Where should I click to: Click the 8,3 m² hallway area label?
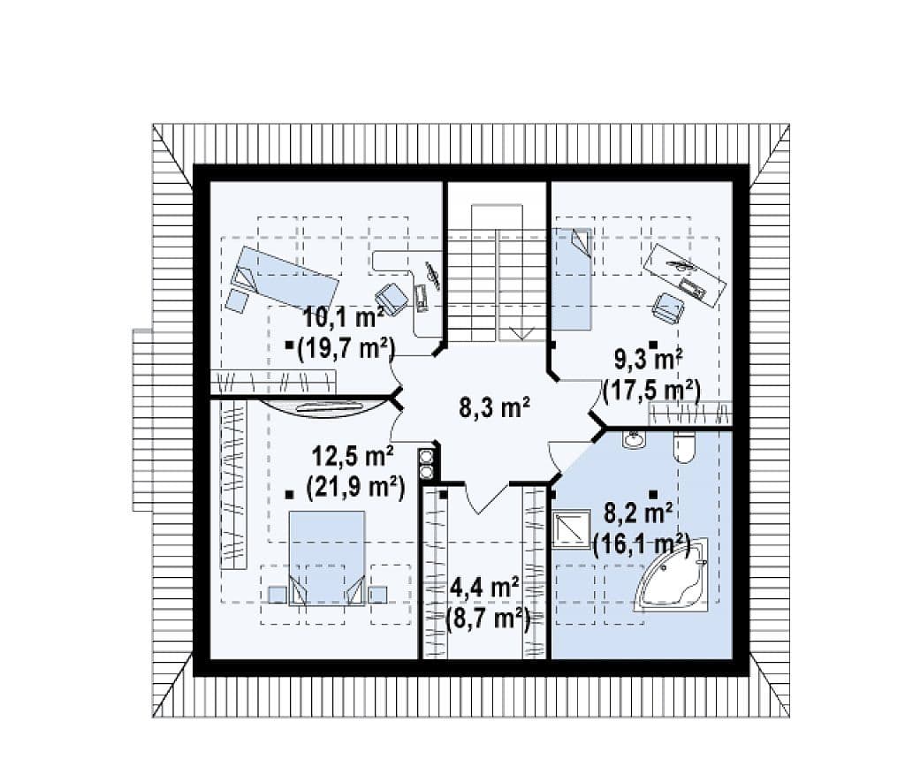495,408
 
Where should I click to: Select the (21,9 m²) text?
355,488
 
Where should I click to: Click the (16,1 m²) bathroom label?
642,543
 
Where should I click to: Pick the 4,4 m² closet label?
483,589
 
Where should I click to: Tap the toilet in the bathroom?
685,447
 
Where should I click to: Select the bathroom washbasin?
635,439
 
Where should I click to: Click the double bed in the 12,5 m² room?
327,558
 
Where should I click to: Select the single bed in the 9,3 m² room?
572,279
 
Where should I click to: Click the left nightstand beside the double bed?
278,595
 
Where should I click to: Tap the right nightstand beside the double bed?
378,595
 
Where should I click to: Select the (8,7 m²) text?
488,619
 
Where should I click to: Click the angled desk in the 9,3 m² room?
685,272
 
